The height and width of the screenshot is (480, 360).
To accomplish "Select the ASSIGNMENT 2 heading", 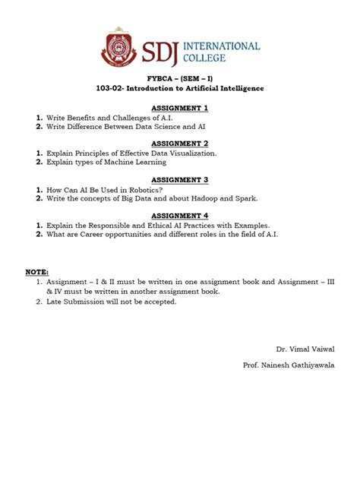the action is click(179, 143).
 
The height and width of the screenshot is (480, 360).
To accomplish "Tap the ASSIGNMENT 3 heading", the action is click(179, 179).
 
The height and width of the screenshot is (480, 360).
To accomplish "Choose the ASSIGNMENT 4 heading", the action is click(179, 215).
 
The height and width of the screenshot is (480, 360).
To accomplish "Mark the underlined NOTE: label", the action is click(37, 272).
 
